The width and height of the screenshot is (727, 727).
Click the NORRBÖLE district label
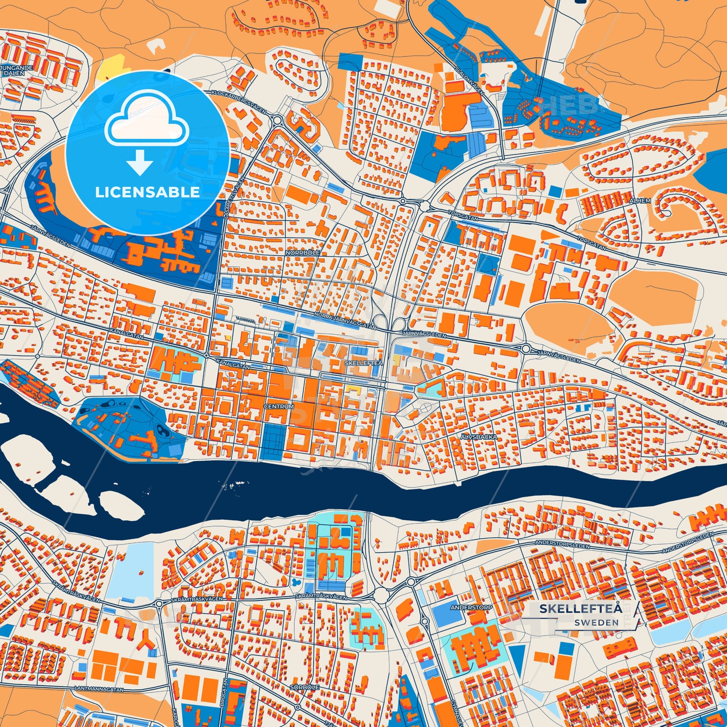coord(302,253)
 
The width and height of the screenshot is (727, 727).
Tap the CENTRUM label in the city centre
coord(279,406)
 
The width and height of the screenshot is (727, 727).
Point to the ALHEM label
coord(639,201)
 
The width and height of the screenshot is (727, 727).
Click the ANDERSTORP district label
coord(471,608)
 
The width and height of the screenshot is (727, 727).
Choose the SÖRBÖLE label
coord(304,687)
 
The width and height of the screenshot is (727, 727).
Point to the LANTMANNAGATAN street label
coord(99,689)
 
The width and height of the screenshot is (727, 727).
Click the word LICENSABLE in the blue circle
coord(147,192)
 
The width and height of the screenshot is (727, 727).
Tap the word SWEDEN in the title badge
coord(596,622)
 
